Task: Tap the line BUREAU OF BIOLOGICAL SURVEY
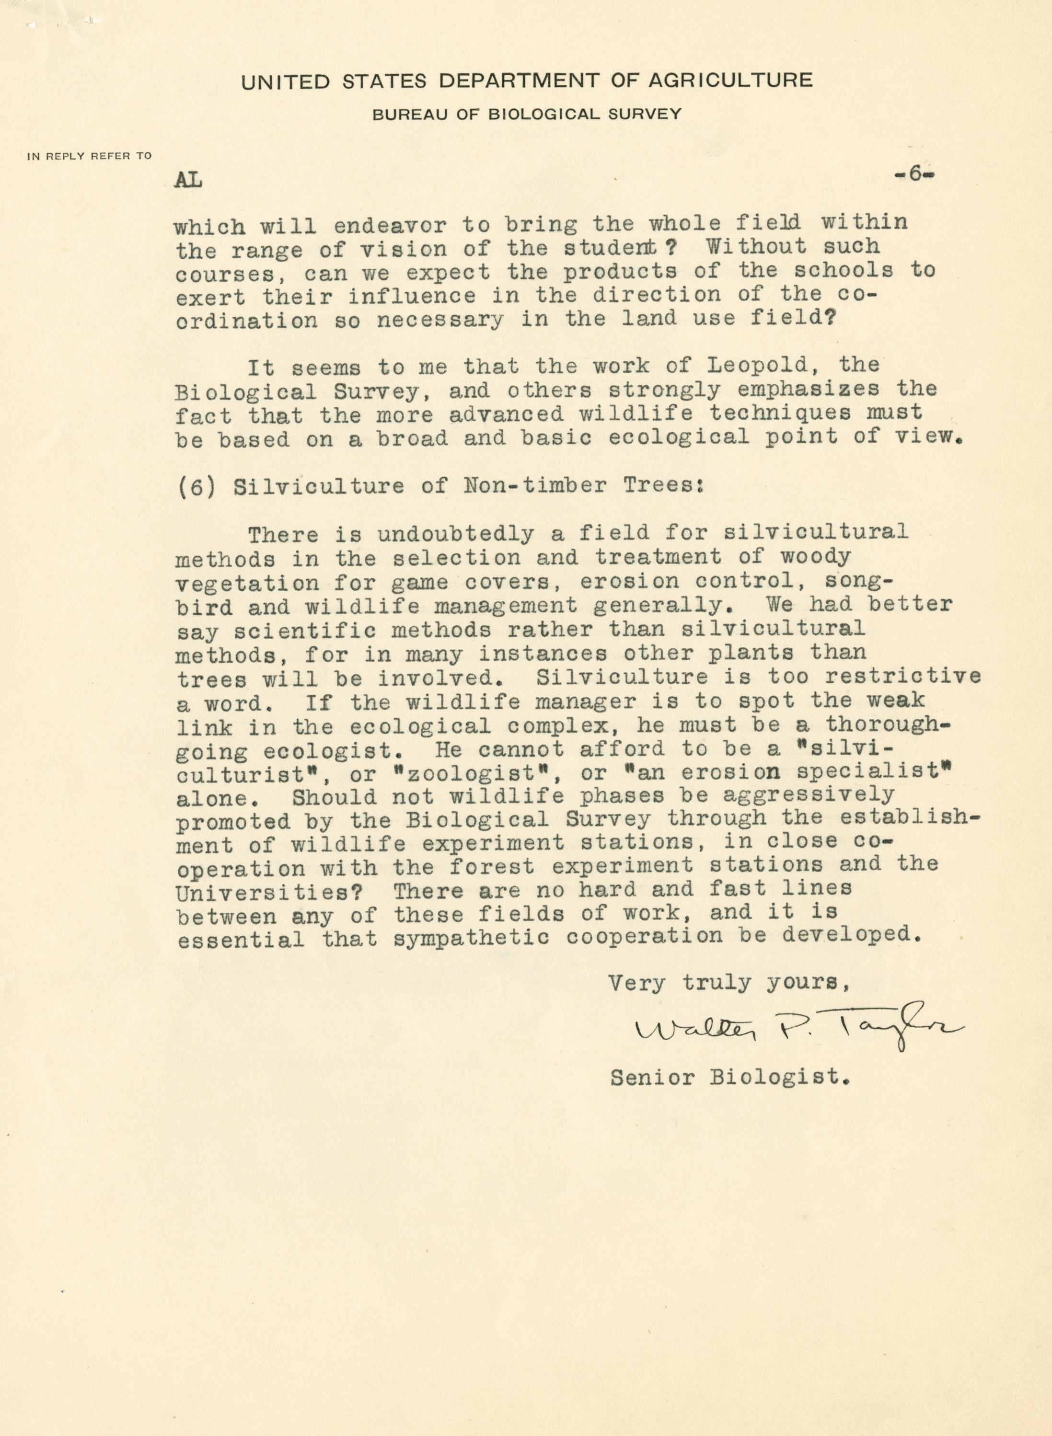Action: tap(527, 115)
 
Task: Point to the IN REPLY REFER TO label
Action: tap(89, 156)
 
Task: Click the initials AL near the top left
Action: tap(188, 181)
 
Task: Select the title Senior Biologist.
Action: tap(730, 1078)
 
